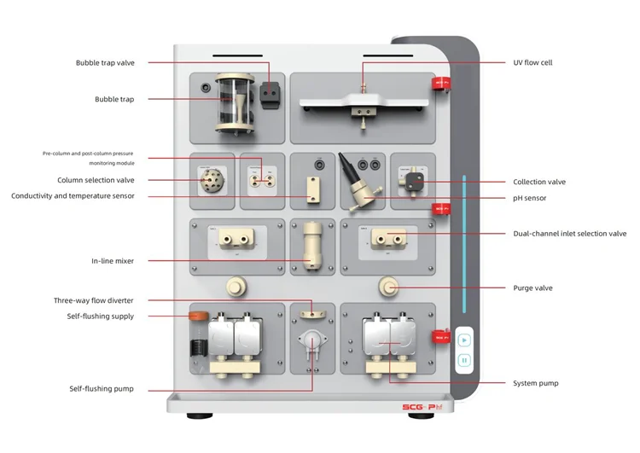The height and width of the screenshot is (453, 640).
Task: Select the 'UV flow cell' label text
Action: pyautogui.click(x=532, y=62)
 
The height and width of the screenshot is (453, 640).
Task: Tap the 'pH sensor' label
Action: pyautogui.click(x=529, y=198)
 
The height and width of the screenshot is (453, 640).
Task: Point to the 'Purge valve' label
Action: pyautogui.click(x=532, y=287)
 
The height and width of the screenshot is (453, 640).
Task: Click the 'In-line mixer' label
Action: pyautogui.click(x=113, y=260)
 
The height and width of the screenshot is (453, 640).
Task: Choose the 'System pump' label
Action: pyautogui.click(x=535, y=383)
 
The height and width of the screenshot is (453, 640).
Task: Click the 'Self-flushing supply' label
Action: pyautogui.click(x=101, y=317)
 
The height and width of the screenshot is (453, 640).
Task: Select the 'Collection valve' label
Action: pyautogui.click(x=538, y=182)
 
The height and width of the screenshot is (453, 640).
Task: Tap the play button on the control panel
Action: pyautogui.click(x=464, y=340)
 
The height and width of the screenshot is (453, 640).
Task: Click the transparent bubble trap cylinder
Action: pyautogui.click(x=228, y=103)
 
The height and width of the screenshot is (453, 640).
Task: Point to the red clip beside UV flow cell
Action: pyautogui.click(x=440, y=82)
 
